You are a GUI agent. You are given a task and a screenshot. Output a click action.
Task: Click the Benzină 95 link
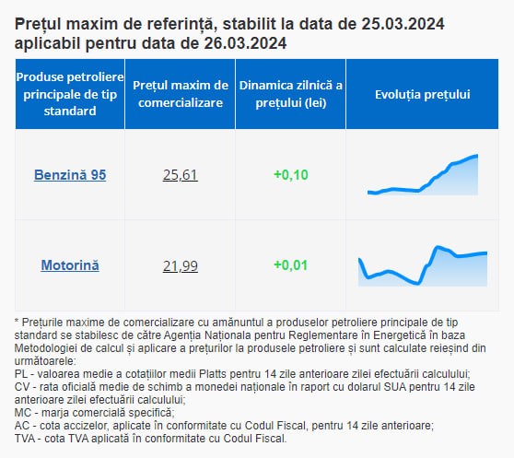(x=70, y=175)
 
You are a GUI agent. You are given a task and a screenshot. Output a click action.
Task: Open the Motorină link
(x=70, y=265)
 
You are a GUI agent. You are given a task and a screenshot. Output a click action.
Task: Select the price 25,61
(x=181, y=175)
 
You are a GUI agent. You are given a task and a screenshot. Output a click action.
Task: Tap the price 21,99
(x=181, y=266)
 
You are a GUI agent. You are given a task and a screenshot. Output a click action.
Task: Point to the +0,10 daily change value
(x=291, y=175)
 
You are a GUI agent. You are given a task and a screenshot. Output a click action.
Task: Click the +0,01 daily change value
(x=291, y=265)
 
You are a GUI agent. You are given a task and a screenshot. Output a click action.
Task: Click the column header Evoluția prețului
(x=423, y=94)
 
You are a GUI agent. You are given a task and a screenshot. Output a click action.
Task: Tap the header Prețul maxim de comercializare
(x=181, y=94)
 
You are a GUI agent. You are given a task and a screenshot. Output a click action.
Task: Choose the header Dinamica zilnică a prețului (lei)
(x=291, y=94)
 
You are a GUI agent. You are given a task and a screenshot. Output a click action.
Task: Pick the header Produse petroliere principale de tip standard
(x=70, y=94)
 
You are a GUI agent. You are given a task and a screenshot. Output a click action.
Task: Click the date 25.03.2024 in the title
(x=403, y=24)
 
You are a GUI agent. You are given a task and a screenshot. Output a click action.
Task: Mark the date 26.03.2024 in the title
(x=245, y=43)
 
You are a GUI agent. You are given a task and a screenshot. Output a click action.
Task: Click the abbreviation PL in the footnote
(x=21, y=374)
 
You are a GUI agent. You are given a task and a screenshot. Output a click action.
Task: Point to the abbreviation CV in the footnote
(x=22, y=387)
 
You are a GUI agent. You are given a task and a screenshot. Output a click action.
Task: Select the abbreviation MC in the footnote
(x=23, y=413)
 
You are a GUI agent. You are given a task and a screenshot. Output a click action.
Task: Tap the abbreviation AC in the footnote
(x=22, y=426)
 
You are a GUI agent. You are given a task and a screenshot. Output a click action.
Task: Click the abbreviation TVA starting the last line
(x=25, y=439)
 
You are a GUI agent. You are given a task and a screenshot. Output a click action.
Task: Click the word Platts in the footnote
(x=213, y=374)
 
